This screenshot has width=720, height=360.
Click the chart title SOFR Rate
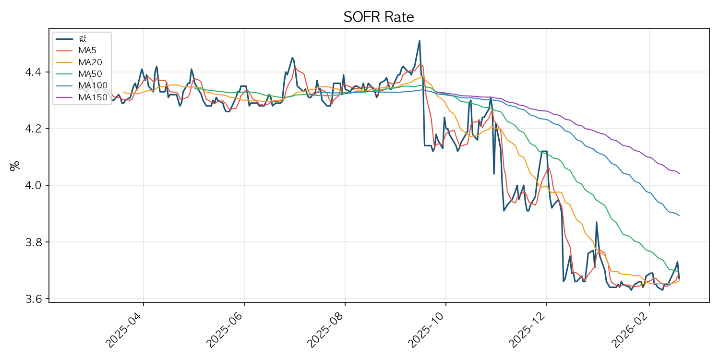click(379, 17)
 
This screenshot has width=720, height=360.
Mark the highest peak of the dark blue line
click(420, 41)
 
